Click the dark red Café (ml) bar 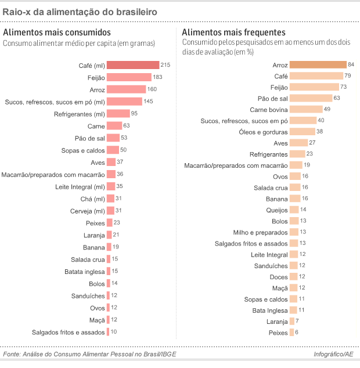coord(133,65)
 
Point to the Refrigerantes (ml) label coord(80,114)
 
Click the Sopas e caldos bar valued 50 coord(113,150)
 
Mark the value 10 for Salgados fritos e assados coord(114,332)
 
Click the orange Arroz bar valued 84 coord(318,64)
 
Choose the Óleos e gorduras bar coord(302,131)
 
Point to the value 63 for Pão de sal coord(337,98)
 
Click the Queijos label coord(276,210)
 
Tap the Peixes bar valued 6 coord(291,332)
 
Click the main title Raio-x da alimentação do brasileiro coord(79,12)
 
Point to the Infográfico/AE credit coord(333,354)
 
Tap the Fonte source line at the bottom coord(89,354)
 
